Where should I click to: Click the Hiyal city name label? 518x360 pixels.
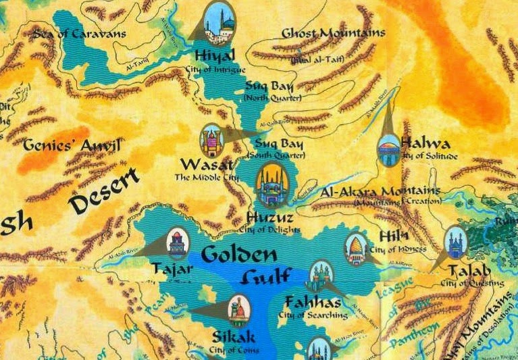point(214,55)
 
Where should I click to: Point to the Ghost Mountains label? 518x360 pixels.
point(334,33)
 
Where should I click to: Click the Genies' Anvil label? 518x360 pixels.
point(72,145)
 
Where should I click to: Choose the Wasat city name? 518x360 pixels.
point(207,165)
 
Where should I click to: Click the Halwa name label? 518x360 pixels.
point(426,143)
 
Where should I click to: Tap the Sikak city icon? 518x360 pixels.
point(238,309)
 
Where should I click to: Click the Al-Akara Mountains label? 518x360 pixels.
point(381,192)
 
